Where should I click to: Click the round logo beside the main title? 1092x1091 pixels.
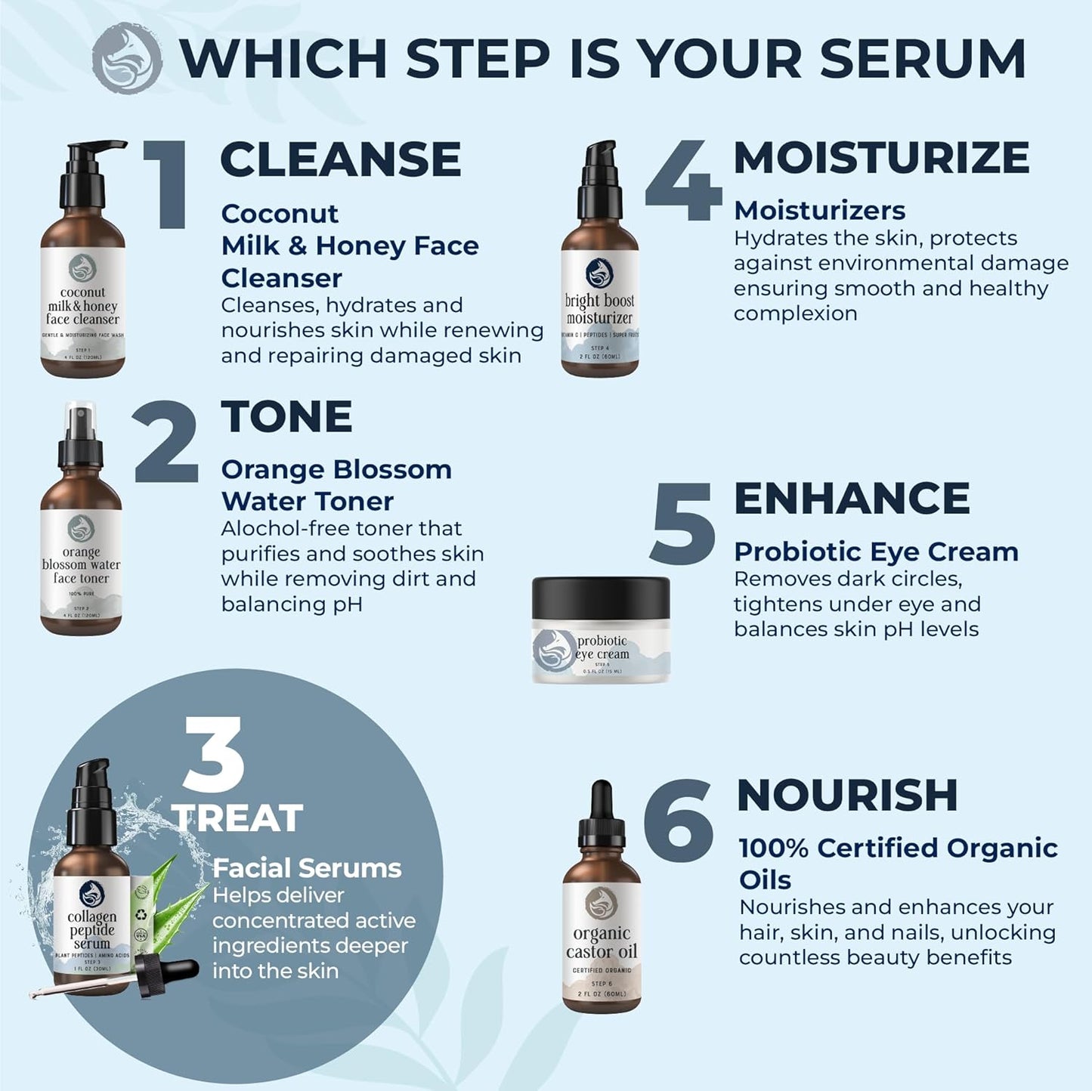127,58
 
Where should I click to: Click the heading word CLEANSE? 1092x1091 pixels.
340,159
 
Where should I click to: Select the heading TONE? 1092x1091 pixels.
286,417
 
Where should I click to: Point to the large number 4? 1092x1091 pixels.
682,181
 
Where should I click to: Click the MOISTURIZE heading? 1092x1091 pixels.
881,158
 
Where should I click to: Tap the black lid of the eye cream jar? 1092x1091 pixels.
601,598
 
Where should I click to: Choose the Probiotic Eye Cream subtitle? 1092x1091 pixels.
876,552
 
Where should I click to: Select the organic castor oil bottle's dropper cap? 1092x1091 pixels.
602,813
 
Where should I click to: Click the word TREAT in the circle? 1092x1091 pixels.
237,818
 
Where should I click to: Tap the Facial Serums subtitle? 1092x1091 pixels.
307,868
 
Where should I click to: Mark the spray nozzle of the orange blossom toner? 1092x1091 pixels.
80,431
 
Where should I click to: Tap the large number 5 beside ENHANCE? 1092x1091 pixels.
682,524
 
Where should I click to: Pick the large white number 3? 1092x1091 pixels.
214,755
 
